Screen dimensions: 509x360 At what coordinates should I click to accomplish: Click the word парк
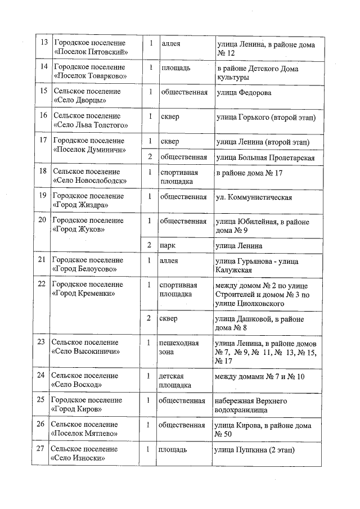(168, 246)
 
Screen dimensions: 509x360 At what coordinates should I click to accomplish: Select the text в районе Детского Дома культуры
(257, 73)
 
